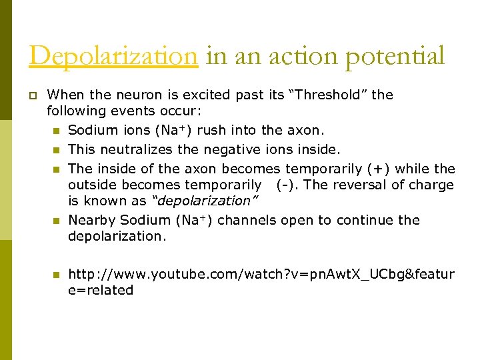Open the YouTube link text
261,274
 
